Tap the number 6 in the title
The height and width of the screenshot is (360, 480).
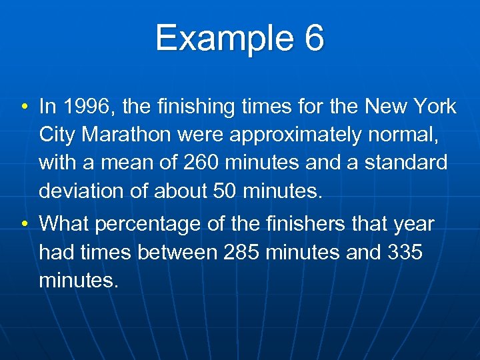[x=314, y=38]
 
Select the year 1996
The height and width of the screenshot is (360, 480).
[x=83, y=107]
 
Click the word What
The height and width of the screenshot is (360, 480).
[x=64, y=224]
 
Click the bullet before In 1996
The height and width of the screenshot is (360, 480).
[x=23, y=107]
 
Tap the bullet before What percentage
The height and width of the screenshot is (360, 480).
[x=23, y=225]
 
